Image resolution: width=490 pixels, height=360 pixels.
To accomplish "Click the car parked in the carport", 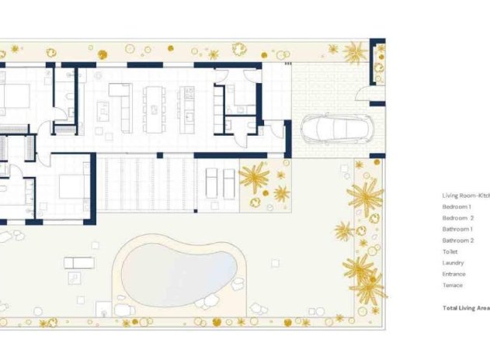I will pyautogui.click(x=328, y=127).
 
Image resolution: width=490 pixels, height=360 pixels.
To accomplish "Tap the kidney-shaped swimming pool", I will pyautogui.click(x=179, y=268).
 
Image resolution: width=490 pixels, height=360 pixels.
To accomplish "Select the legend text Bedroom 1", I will pyautogui.click(x=457, y=207).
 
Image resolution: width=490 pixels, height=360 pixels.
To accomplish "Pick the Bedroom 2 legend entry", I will pyautogui.click(x=458, y=218).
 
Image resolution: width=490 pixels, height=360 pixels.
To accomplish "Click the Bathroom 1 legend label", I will pyautogui.click(x=458, y=230).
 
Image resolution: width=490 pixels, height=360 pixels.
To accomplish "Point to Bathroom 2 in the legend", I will pyautogui.click(x=458, y=241).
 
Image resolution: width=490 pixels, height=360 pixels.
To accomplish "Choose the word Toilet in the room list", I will pyautogui.click(x=450, y=251).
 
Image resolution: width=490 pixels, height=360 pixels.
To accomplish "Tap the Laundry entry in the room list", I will pyautogui.click(x=453, y=263).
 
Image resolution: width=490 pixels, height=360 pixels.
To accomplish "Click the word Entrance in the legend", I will pyautogui.click(x=454, y=274).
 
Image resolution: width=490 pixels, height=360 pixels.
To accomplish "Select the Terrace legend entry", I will pyautogui.click(x=453, y=285).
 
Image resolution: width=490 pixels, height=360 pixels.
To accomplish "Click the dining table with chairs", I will pyautogui.click(x=155, y=109).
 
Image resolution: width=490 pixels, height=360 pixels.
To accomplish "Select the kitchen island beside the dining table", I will pyautogui.click(x=187, y=109).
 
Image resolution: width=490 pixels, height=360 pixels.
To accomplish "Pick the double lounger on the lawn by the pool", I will pyautogui.click(x=78, y=262).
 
